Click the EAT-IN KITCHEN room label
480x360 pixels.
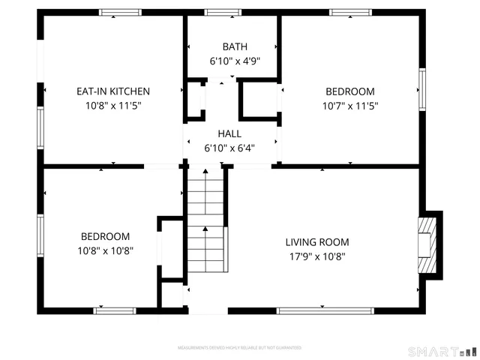[x=113, y=91]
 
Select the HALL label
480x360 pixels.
[x=229, y=133]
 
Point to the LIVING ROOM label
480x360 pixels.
[x=316, y=241]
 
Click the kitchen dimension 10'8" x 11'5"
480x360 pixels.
[x=113, y=106]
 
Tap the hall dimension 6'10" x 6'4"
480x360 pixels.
[x=229, y=148]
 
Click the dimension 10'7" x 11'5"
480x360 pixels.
[x=350, y=106]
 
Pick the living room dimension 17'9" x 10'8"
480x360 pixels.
[x=316, y=256]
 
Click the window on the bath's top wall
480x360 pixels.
[x=218, y=12]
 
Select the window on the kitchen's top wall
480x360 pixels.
[x=121, y=12]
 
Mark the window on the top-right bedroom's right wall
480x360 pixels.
[x=421, y=89]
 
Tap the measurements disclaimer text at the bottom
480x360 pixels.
[x=239, y=349]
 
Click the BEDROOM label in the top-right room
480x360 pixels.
[x=350, y=91]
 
